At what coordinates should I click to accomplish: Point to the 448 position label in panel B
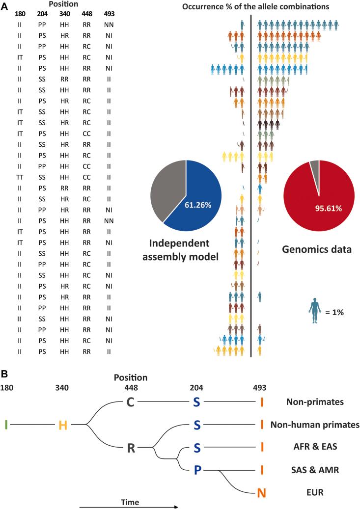click(131, 388)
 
